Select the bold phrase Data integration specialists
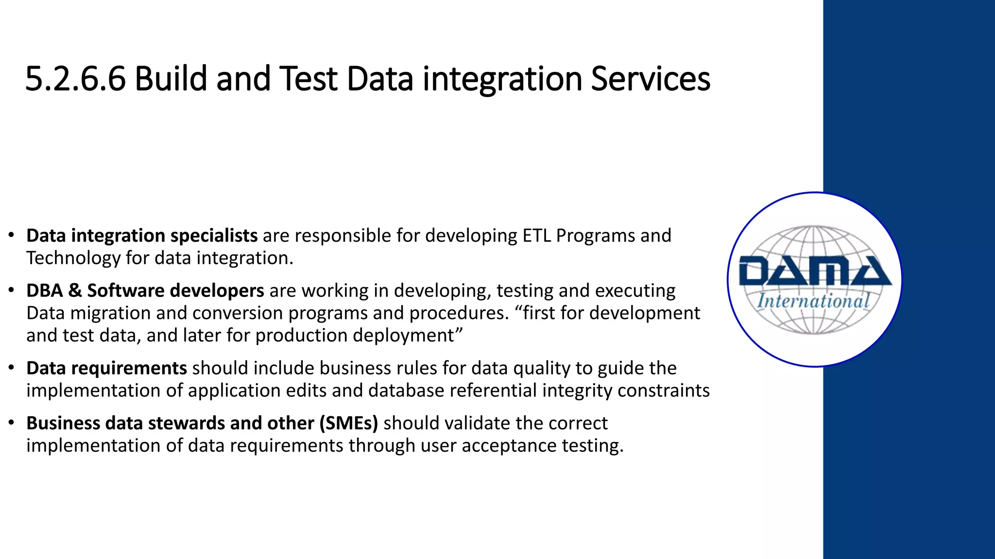[142, 236]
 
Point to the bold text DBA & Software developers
[145, 291]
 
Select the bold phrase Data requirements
[106, 368]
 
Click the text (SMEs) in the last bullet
[348, 423]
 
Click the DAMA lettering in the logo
[814, 272]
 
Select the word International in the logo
[814, 301]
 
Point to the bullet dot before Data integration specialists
[11, 236]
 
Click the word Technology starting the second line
[73, 258]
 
